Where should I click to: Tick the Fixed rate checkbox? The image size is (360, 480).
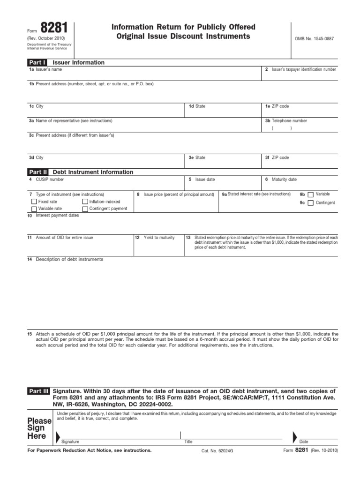(34, 202)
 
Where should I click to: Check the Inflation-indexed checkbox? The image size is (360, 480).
(85, 202)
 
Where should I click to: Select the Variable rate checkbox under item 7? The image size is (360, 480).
(34, 209)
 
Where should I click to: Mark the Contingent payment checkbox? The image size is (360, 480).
(85, 209)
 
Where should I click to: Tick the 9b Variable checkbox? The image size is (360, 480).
(311, 195)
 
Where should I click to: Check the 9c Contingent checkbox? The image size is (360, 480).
(311, 203)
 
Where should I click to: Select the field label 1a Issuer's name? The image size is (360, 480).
(45, 69)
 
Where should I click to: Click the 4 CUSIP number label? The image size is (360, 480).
(47, 179)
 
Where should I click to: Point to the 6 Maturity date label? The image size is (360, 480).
(281, 179)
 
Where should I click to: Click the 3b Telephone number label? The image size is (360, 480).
(286, 120)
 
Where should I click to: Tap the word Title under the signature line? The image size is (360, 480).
(188, 442)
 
